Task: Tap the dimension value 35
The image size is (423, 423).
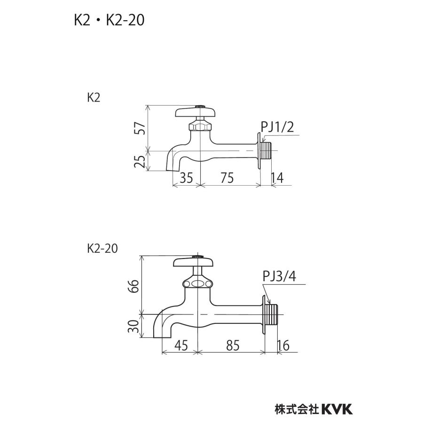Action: tap(186, 178)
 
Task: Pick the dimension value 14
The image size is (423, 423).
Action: tap(277, 178)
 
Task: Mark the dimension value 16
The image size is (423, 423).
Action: tap(283, 345)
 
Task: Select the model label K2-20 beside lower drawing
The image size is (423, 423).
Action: tap(102, 249)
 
